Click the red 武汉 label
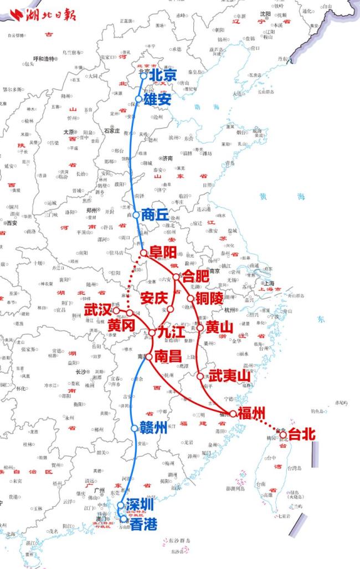(97, 310)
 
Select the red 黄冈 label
(122, 325)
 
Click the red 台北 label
(302, 434)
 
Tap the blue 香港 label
(143, 524)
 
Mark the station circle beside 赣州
(135, 428)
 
